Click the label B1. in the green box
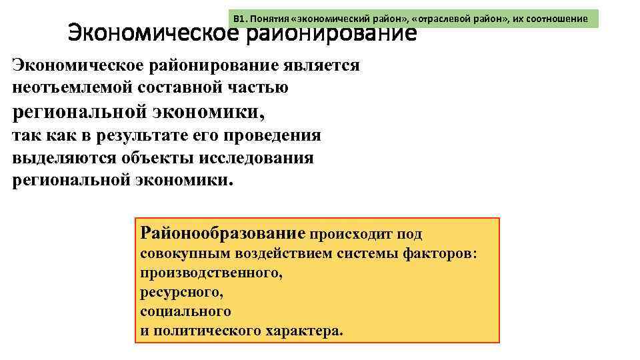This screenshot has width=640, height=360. (240, 19)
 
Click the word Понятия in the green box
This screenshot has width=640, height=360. (268, 19)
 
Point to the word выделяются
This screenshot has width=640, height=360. (65, 158)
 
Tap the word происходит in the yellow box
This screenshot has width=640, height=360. (351, 235)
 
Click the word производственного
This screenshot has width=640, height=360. (211, 274)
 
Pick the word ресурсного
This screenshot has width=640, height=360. (181, 293)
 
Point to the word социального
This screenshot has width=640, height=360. (185, 311)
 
